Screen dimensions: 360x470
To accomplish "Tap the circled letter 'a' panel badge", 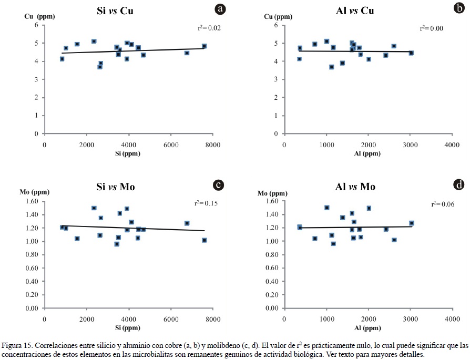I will pos(221,9).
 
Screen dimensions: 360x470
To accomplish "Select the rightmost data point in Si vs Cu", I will pos(204,46).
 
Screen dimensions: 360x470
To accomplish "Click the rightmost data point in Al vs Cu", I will pos(411,53).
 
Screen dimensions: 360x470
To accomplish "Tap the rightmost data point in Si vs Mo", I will pos(205,240).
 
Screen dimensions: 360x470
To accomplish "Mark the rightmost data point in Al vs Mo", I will pos(412,223).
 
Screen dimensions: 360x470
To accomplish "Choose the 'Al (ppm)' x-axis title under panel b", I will pos(367,153).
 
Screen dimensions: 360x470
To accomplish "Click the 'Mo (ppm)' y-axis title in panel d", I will pos(272,193).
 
